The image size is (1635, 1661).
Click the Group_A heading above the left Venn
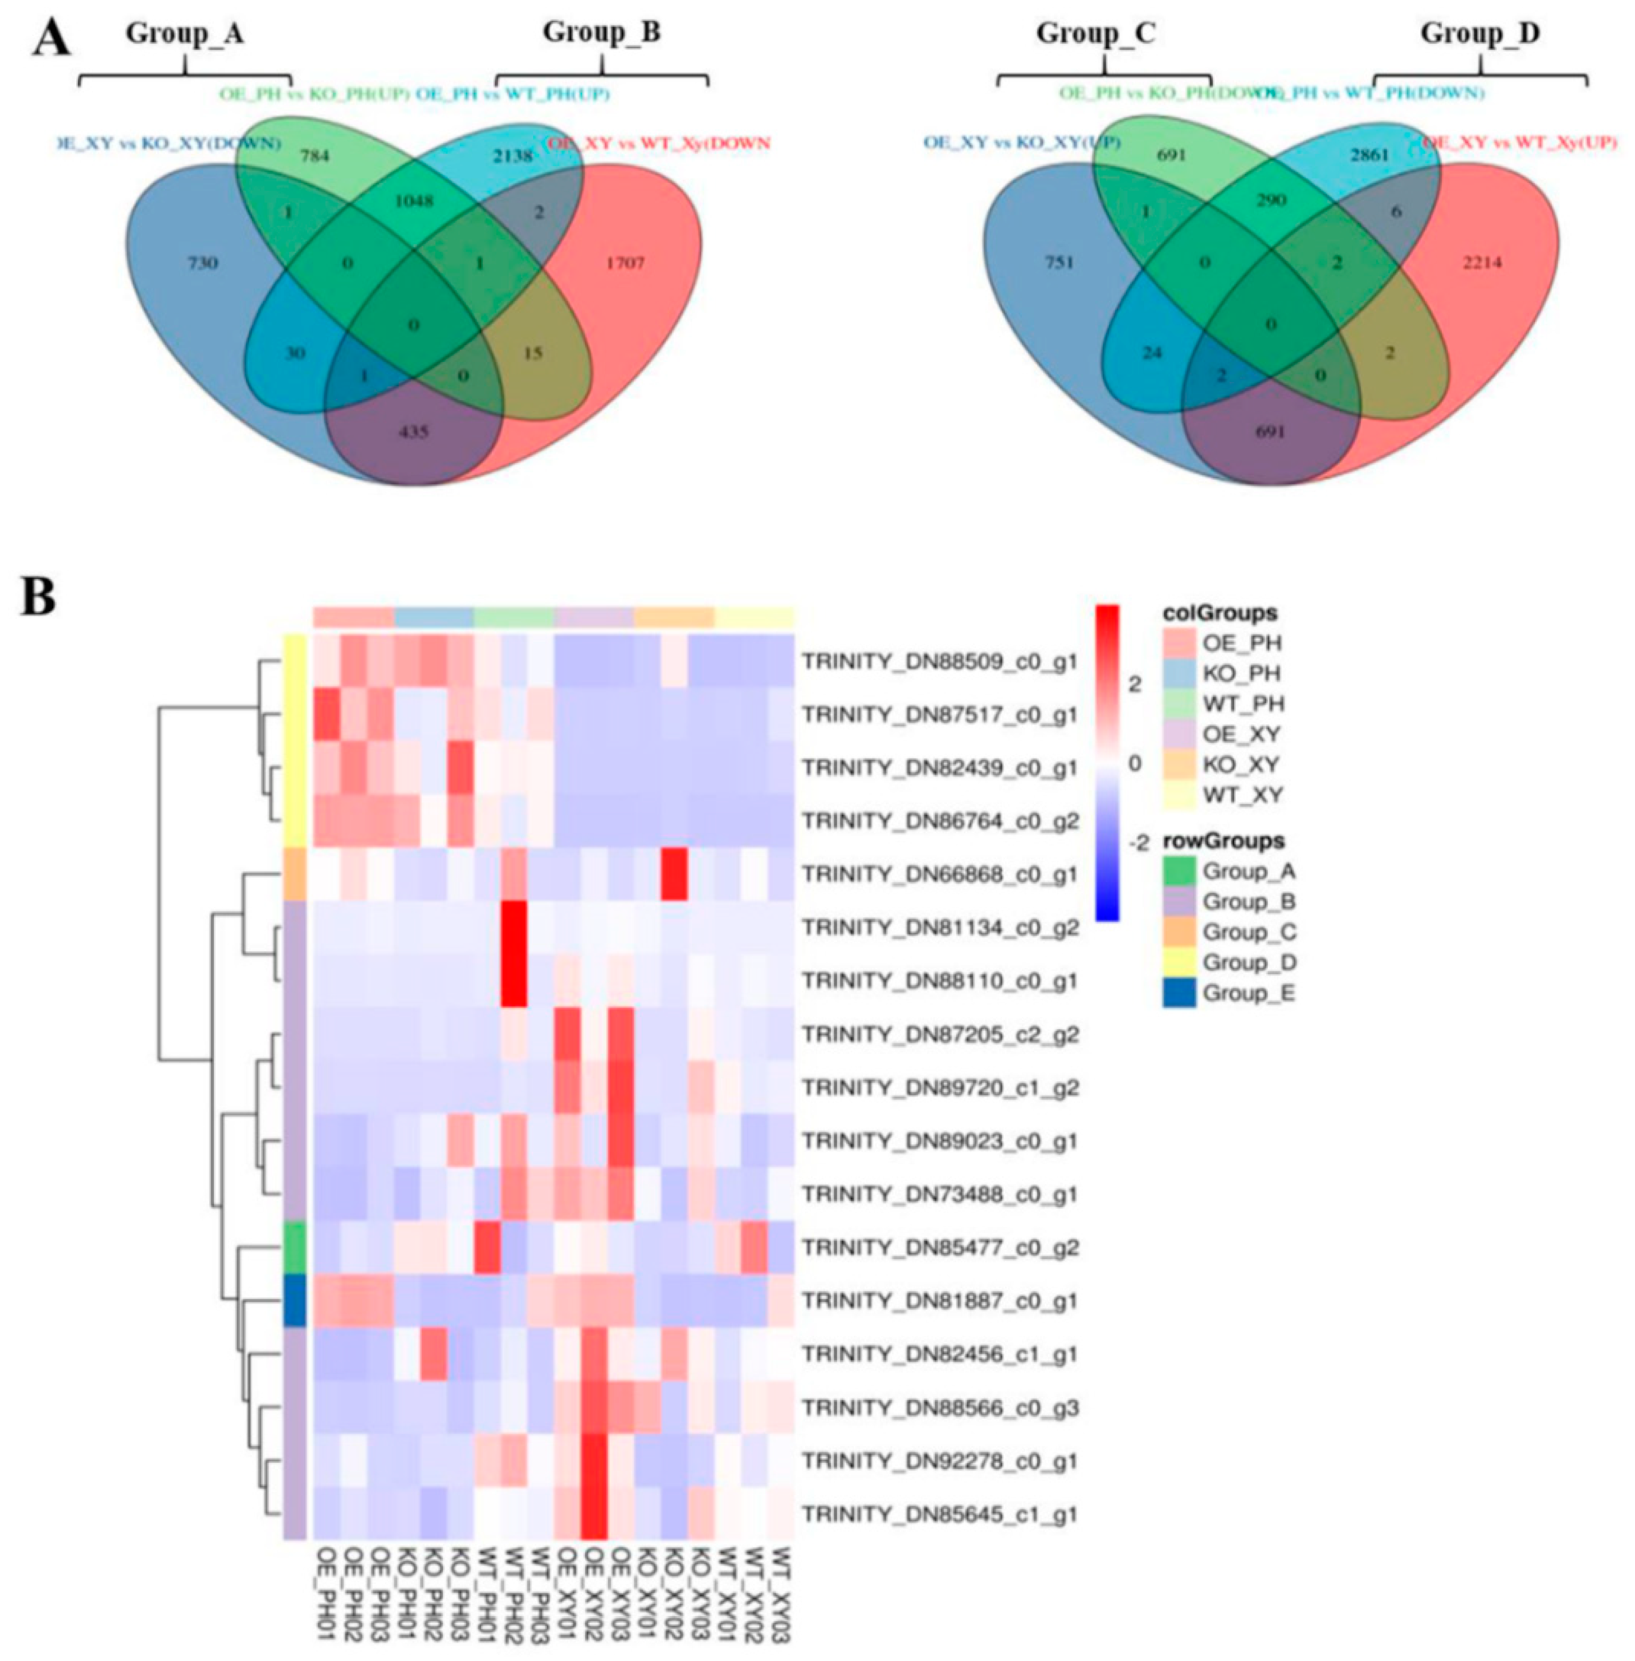click(x=185, y=34)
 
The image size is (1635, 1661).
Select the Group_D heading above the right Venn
click(x=1479, y=34)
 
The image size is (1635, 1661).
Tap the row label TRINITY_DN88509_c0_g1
click(x=939, y=662)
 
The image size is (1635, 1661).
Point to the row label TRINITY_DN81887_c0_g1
click(x=939, y=1301)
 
